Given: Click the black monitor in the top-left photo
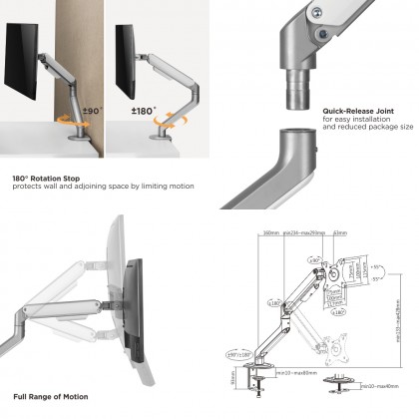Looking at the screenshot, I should pos(27,67).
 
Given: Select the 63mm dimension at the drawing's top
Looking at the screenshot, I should pos(339,233).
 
